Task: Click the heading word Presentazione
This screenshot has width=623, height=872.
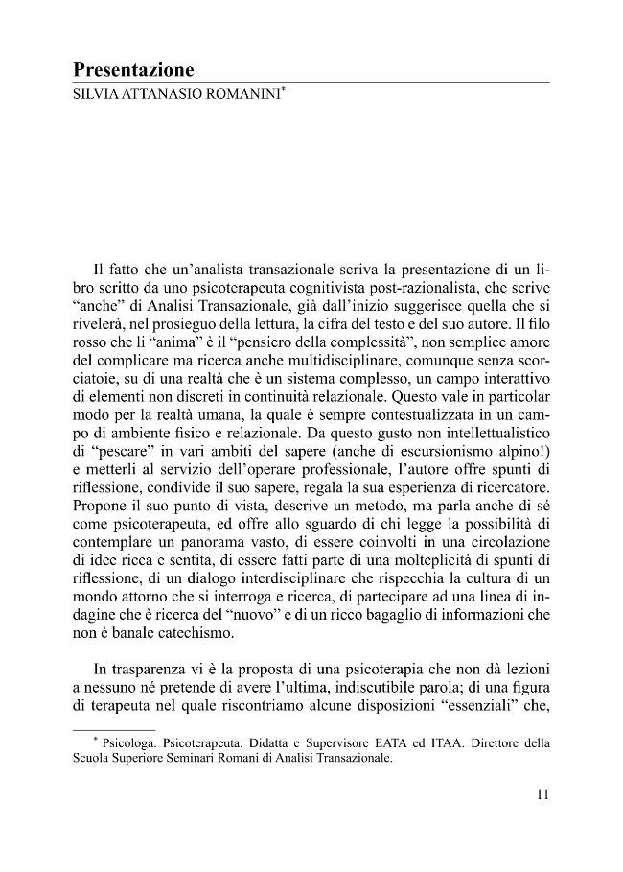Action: click(x=133, y=70)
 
